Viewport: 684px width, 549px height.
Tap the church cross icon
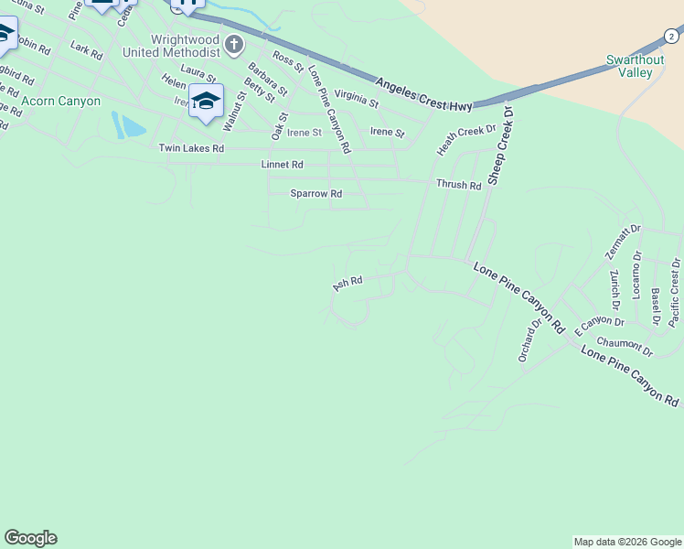coord(235,44)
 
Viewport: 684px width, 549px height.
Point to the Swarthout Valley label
coord(635,66)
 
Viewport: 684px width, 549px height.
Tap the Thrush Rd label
coord(458,185)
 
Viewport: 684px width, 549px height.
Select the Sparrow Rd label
coord(315,194)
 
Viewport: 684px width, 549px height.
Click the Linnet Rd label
coord(283,165)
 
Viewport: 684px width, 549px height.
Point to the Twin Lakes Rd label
coord(191,148)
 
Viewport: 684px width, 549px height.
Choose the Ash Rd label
coord(347,285)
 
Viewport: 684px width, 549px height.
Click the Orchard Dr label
coord(529,339)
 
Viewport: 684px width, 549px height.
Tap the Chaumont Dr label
coord(628,345)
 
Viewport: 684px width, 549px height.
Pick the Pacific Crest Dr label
coord(674,292)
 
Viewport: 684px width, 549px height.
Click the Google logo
coord(30,538)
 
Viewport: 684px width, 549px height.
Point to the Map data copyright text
coord(627,542)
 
